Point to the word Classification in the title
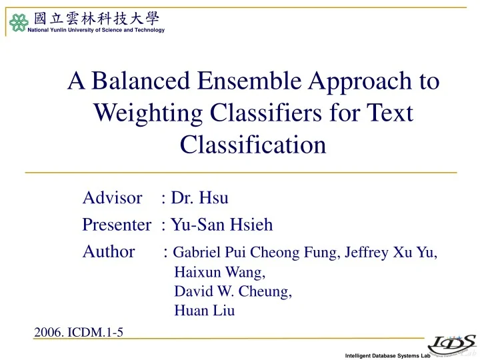point(253,144)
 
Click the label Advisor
point(113,197)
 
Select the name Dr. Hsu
point(200,197)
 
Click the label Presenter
point(117,225)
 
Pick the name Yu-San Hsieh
point(222,225)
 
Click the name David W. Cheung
point(233,291)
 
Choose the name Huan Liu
point(204,311)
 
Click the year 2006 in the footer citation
point(47,332)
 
